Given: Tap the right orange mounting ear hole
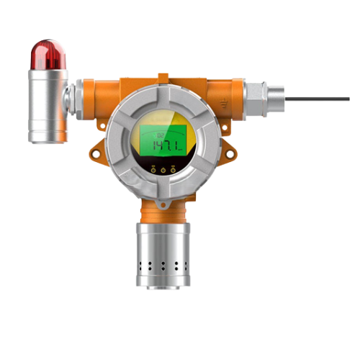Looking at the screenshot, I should pos(228,153).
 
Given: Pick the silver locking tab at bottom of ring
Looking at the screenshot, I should pos(163,203).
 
